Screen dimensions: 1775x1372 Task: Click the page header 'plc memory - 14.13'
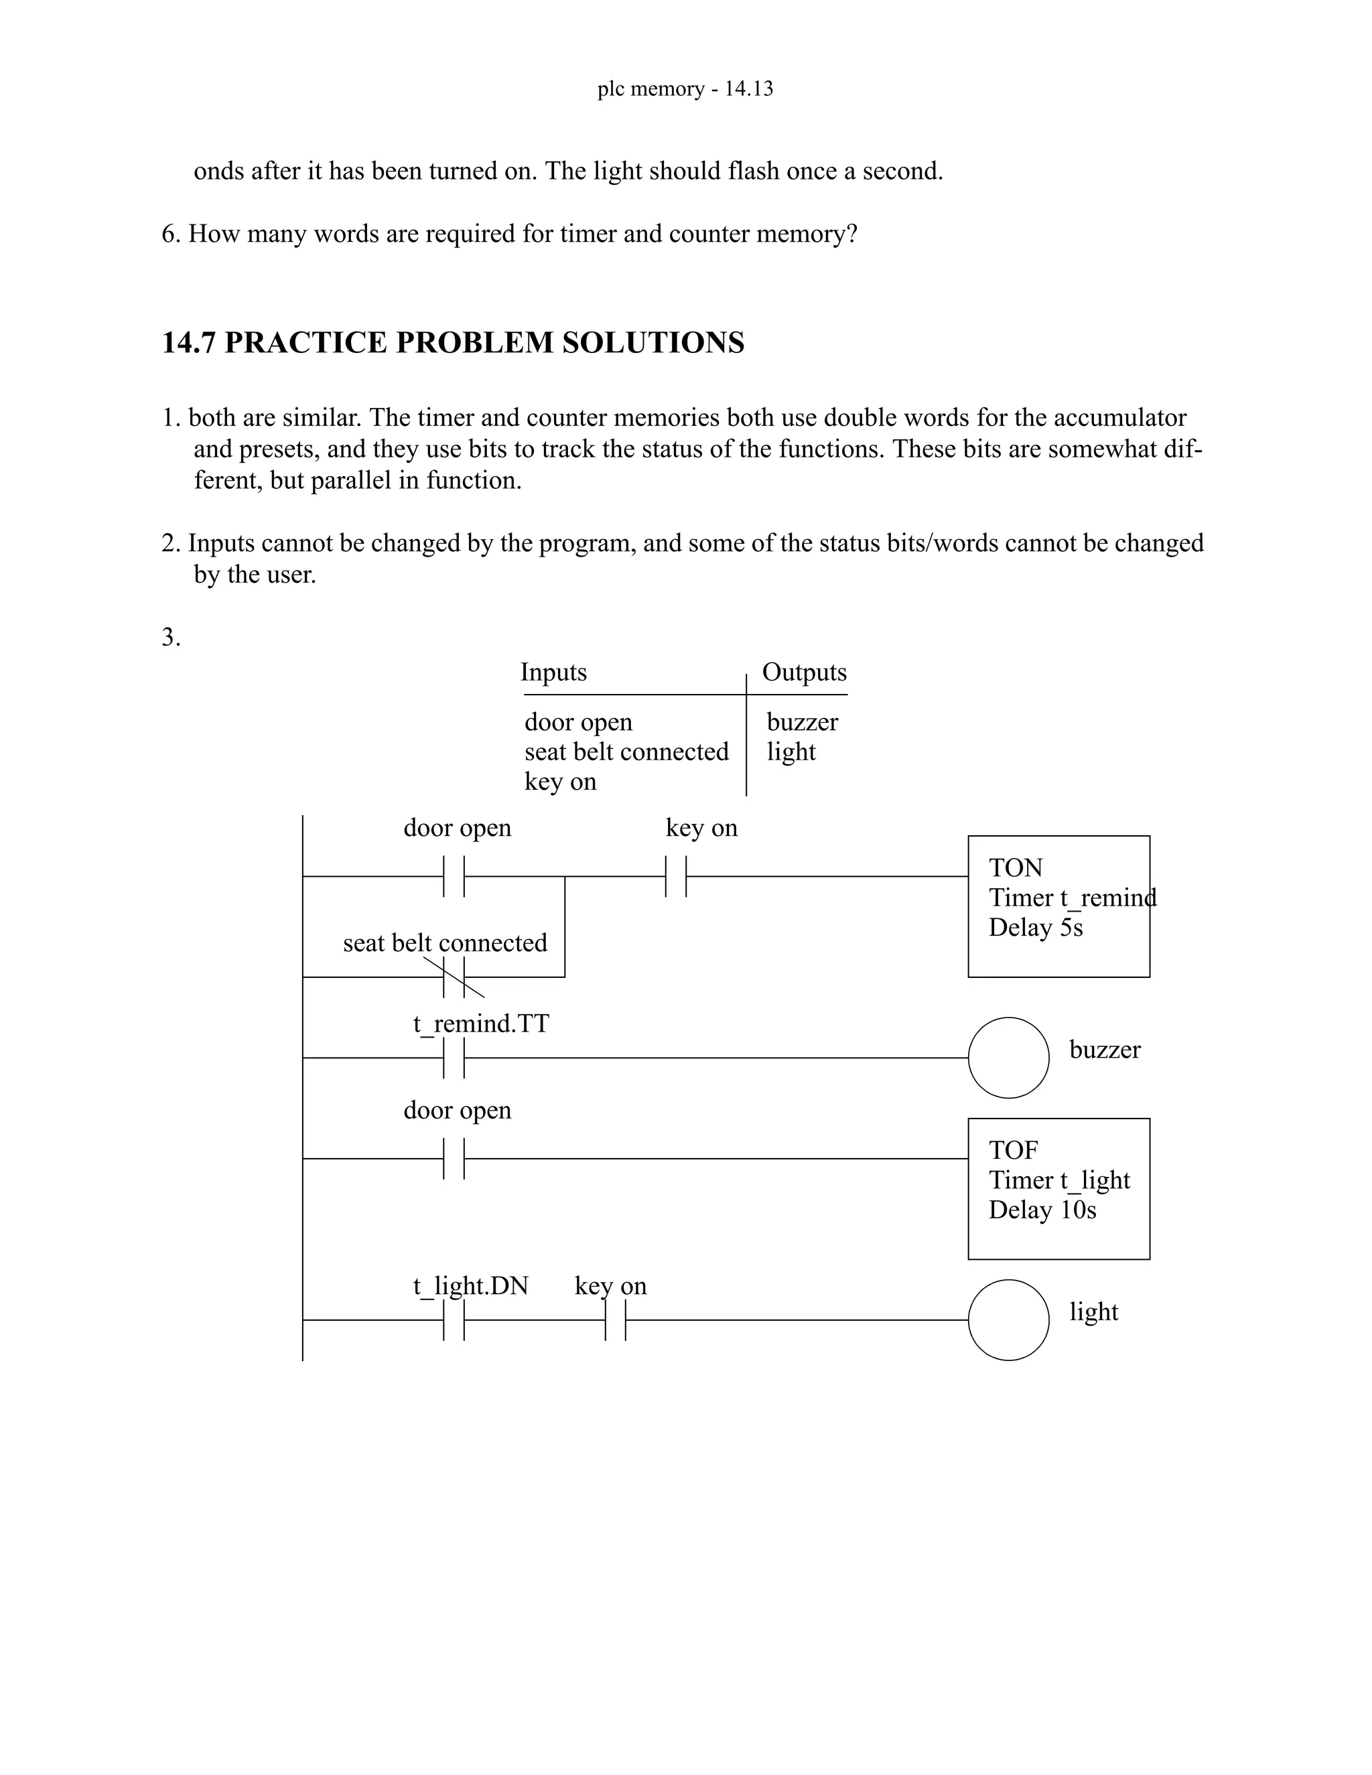[x=685, y=88]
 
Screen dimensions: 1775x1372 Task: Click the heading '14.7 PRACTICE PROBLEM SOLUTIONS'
[x=453, y=343]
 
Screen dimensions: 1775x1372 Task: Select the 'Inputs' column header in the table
[x=553, y=672]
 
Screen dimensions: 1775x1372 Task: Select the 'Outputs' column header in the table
[x=803, y=672]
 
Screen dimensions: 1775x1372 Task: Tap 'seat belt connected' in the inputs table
[x=626, y=752]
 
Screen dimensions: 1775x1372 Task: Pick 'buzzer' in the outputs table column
[x=801, y=721]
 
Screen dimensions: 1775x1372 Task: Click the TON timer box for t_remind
[x=1058, y=906]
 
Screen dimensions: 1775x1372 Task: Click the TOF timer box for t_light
[x=1058, y=1188]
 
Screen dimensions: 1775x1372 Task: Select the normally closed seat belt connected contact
[x=454, y=977]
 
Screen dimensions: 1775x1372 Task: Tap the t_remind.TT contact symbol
[x=454, y=1058]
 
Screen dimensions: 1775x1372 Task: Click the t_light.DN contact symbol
[x=454, y=1320]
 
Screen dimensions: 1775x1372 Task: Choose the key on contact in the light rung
[x=615, y=1320]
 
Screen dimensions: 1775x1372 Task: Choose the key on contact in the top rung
[x=675, y=876]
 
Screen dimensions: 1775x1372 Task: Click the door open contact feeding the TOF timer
[x=454, y=1158]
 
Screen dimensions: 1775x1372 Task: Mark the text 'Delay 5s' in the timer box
[x=1036, y=927]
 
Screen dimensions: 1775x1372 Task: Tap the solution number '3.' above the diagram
[x=171, y=637]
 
